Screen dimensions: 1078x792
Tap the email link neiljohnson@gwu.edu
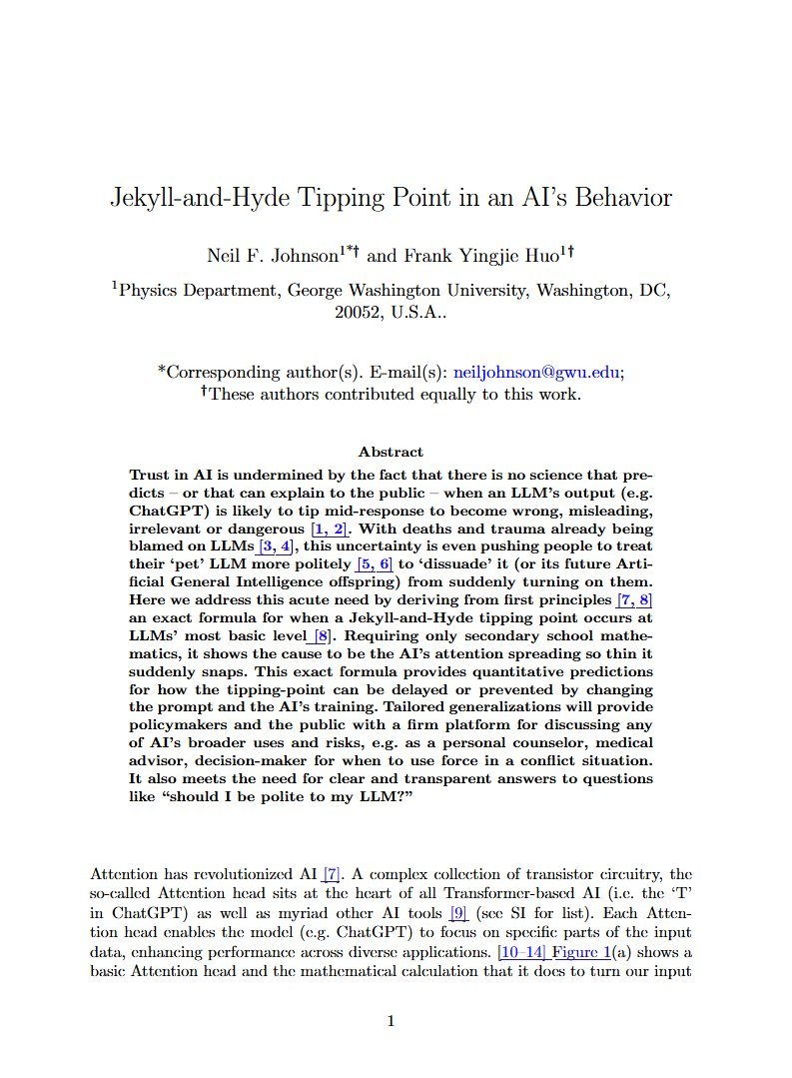click(x=537, y=371)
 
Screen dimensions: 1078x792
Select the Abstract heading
click(x=391, y=452)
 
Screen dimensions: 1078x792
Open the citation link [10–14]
click(x=519, y=950)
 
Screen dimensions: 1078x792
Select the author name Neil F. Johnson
click(x=271, y=256)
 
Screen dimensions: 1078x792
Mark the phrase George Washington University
click(x=409, y=291)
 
